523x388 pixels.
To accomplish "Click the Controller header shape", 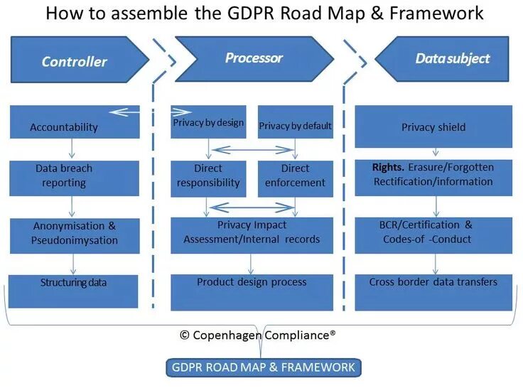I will tap(75, 60).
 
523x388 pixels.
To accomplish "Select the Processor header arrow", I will tap(254, 59).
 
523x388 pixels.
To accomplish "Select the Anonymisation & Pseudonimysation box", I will tap(74, 234).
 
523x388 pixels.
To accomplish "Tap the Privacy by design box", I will tap(207, 122).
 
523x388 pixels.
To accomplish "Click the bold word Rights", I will tap(387, 168).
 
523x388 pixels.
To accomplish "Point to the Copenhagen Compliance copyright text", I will tap(262, 334).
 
